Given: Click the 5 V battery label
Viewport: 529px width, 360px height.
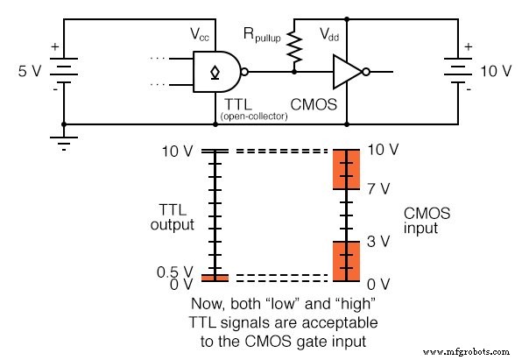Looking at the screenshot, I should pyautogui.click(x=23, y=68).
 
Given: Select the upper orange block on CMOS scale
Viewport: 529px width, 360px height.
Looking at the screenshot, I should pyautogui.click(x=347, y=170).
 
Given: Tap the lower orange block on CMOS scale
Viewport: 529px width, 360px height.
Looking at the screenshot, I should pyautogui.click(x=347, y=260).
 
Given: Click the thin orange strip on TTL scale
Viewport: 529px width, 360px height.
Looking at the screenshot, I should pyautogui.click(x=214, y=278).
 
